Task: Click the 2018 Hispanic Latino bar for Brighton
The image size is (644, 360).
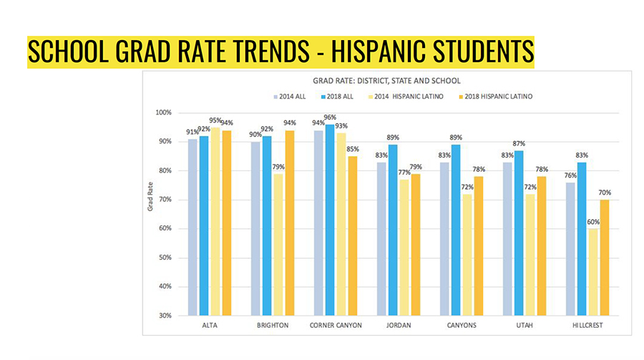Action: (x=289, y=223)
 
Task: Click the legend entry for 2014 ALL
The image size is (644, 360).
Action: (x=295, y=95)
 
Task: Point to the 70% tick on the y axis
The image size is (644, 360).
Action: (x=165, y=200)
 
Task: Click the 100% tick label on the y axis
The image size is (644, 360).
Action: (x=163, y=112)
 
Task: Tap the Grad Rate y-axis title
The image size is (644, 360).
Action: (x=150, y=213)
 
